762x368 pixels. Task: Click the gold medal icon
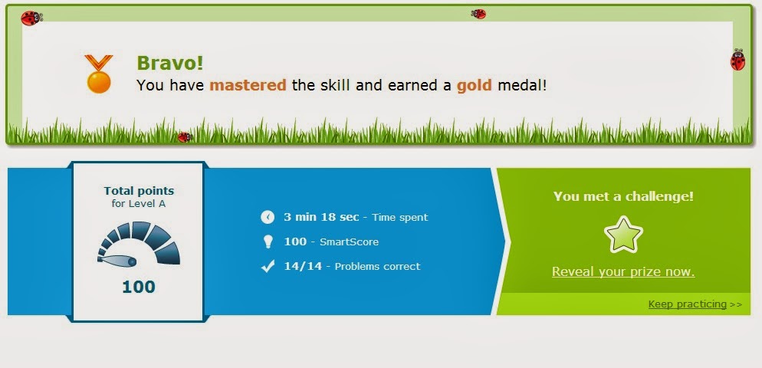[x=99, y=74]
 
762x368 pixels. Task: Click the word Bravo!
[x=170, y=63]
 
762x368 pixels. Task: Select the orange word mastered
[x=248, y=86]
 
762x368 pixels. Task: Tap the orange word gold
[x=475, y=86]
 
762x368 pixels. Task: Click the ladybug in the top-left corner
[x=31, y=18]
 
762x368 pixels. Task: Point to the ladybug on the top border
[x=478, y=14]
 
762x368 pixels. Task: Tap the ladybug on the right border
[x=737, y=61]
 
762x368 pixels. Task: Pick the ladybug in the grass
[x=185, y=137]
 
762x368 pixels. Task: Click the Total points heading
[x=139, y=191]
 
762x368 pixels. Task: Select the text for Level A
[x=139, y=204]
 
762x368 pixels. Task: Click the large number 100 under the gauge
[x=139, y=287]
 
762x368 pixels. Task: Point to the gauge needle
[x=117, y=261]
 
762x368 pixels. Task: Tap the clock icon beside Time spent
[x=268, y=217]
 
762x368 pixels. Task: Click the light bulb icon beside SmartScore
[x=268, y=242]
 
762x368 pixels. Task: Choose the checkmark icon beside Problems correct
[x=268, y=266]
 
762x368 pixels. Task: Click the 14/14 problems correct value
[x=303, y=266]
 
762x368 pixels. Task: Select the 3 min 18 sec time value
[x=321, y=217]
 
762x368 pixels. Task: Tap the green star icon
[x=623, y=235]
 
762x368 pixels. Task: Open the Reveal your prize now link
[x=623, y=271]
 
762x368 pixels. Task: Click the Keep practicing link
[x=687, y=304]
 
